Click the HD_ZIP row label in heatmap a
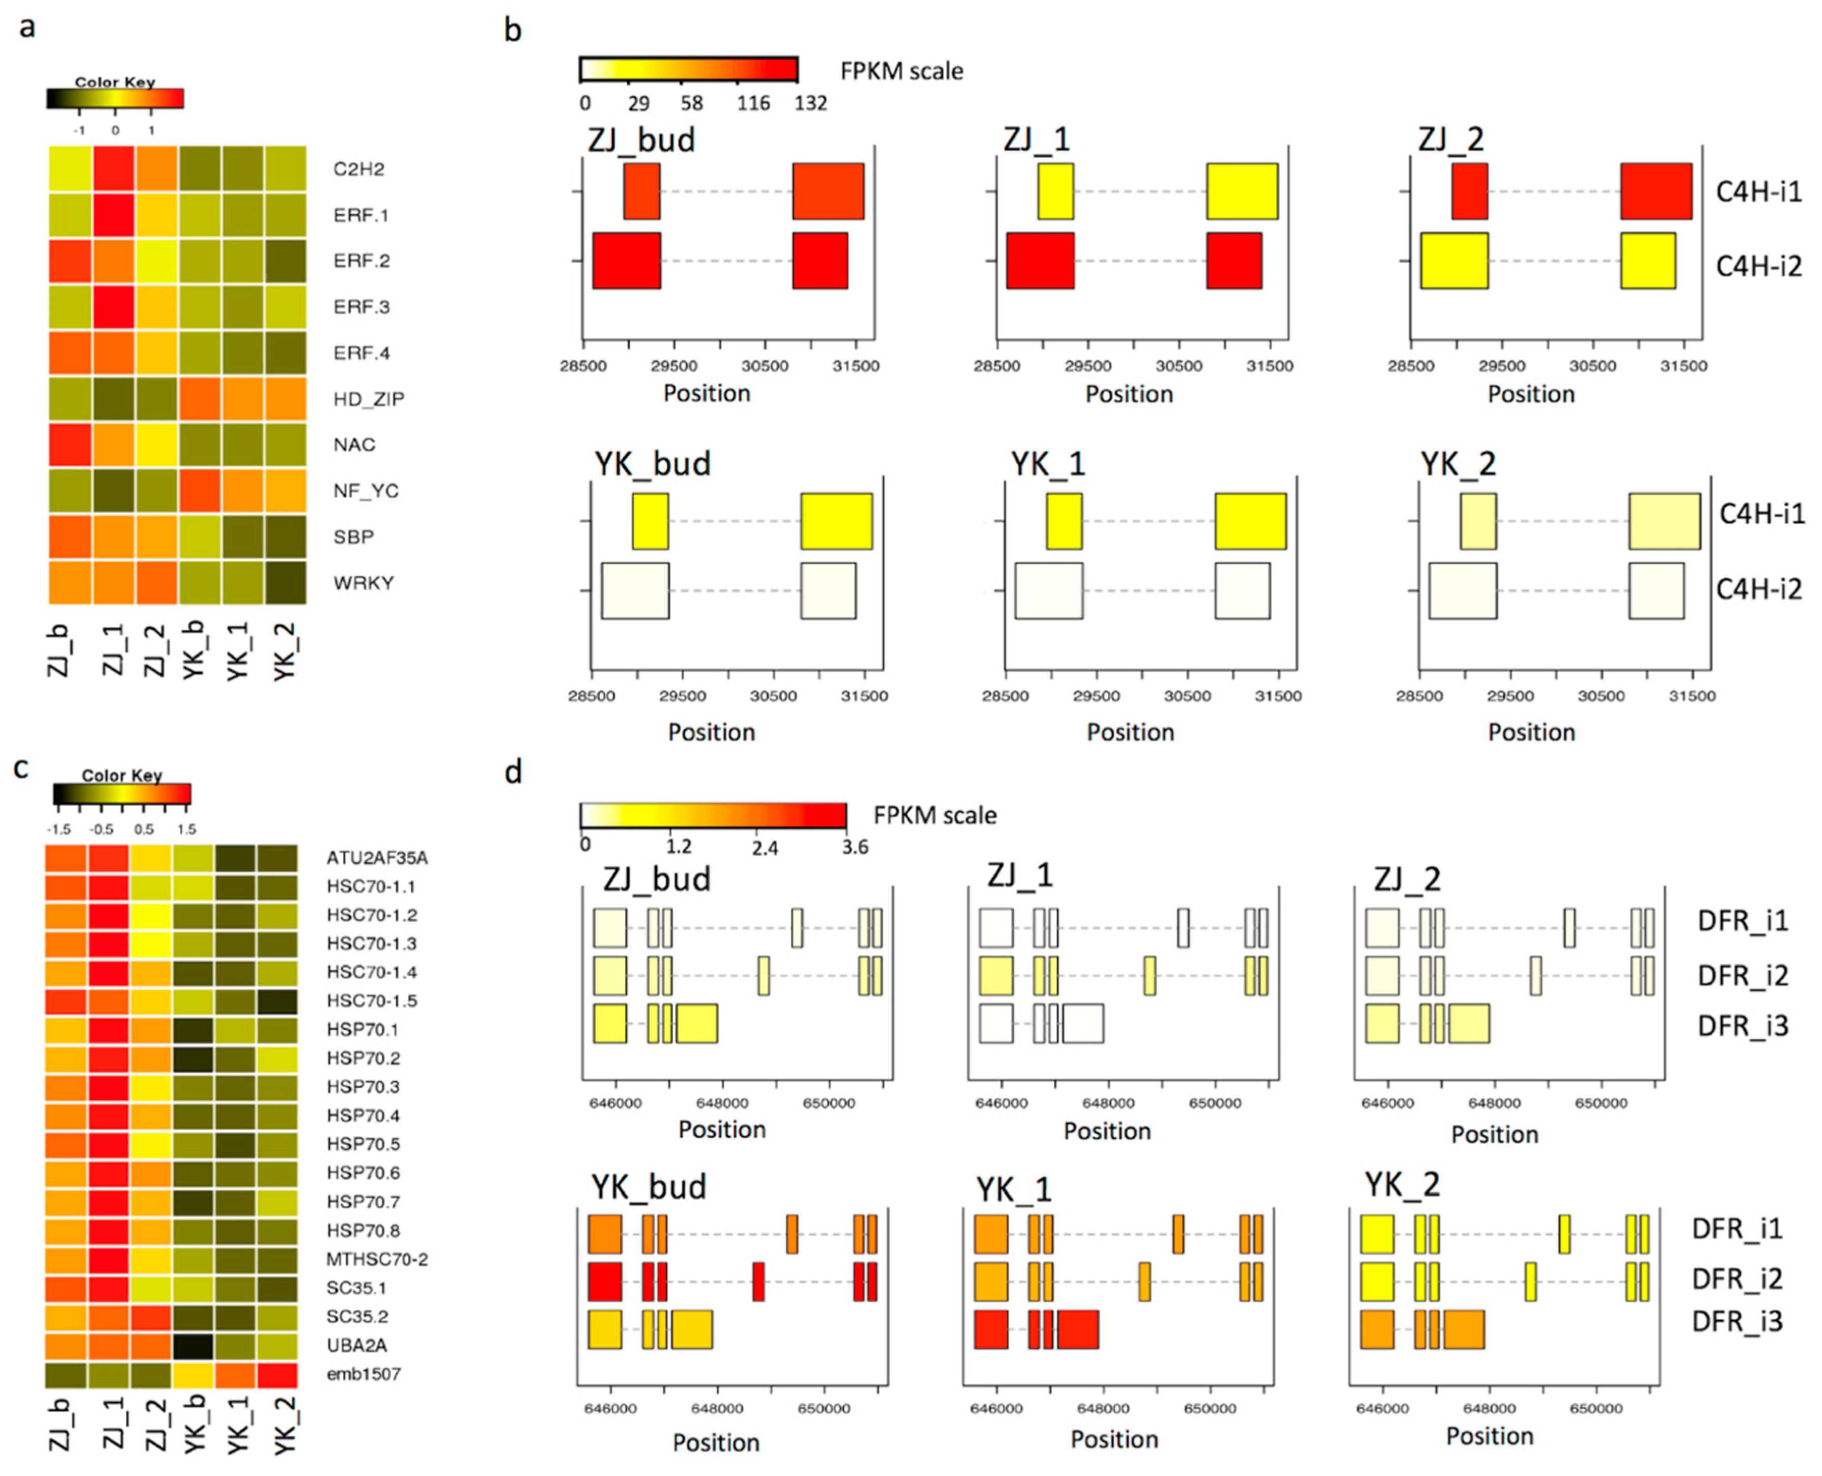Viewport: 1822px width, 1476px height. (368, 399)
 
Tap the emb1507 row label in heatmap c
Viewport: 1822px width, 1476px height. (363, 1374)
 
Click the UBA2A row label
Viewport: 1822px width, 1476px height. (356, 1345)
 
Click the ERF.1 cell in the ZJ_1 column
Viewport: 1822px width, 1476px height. (113, 215)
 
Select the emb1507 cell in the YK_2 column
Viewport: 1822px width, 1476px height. (277, 1375)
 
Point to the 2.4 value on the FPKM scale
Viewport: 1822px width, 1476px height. (764, 847)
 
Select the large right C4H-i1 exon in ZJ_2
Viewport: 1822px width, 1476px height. (1656, 191)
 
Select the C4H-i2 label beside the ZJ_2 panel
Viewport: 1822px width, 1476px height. (1758, 266)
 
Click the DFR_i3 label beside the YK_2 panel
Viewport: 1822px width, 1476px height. (1736, 1321)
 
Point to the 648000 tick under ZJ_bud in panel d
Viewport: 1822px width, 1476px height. (722, 1103)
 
